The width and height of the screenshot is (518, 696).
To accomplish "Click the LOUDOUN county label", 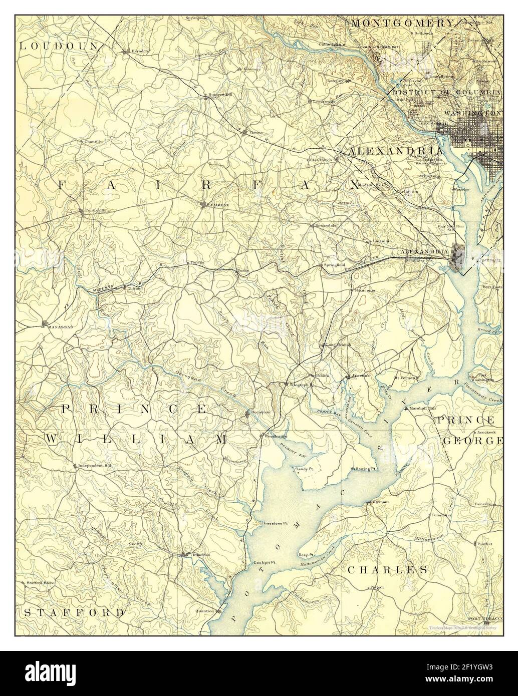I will coord(58,46).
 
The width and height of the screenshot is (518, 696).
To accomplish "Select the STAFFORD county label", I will coord(74,612).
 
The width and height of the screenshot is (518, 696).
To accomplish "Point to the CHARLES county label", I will coord(388,569).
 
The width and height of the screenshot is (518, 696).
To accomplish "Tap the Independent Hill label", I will coord(95,465).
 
